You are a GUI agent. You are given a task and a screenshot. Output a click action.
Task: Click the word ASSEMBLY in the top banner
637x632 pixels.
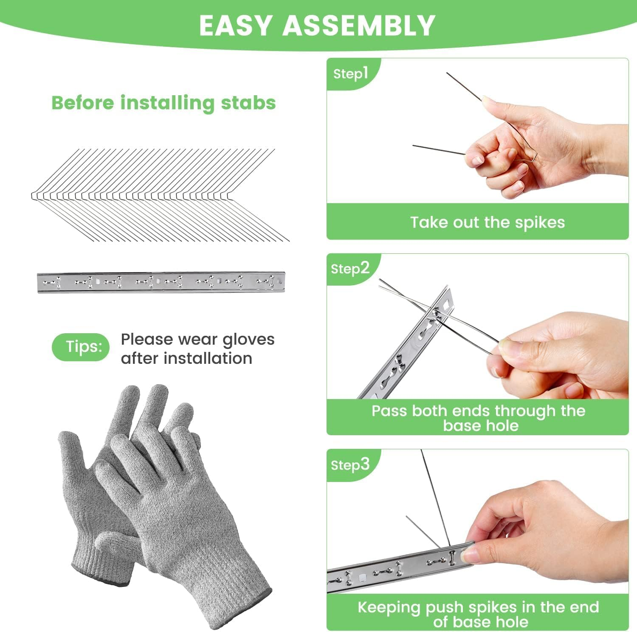pyautogui.click(x=359, y=26)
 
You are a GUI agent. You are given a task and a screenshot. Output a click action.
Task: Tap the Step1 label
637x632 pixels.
pyautogui.click(x=350, y=74)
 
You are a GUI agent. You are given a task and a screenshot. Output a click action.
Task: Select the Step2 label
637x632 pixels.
pyautogui.click(x=350, y=269)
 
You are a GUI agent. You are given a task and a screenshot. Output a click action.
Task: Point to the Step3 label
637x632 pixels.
pyautogui.click(x=350, y=465)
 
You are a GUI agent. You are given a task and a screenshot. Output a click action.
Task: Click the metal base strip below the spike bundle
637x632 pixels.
pyautogui.click(x=161, y=282)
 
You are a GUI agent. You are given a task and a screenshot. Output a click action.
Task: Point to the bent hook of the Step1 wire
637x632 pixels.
pyautogui.click(x=533, y=158)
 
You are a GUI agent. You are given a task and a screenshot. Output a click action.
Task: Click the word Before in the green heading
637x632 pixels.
pyautogui.click(x=83, y=103)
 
